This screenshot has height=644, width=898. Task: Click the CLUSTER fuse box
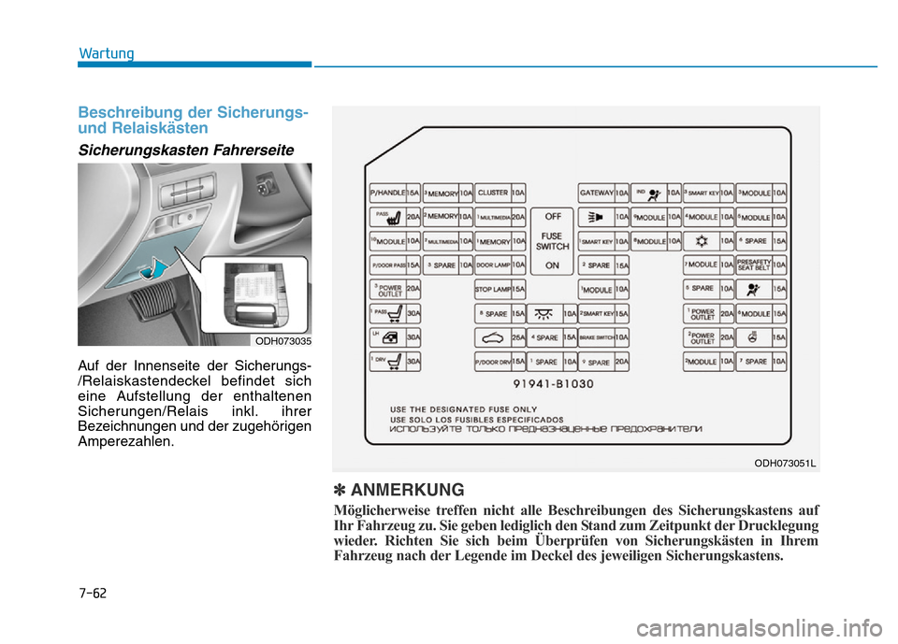[x=500, y=193]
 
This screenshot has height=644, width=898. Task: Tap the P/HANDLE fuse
[x=395, y=193]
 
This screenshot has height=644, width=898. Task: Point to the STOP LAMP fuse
[x=500, y=290]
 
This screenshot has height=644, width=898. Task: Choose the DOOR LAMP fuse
[x=500, y=265]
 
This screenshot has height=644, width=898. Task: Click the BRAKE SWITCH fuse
[x=603, y=336]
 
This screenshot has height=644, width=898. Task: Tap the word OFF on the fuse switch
[x=553, y=215]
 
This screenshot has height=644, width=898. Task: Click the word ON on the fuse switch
[x=553, y=265]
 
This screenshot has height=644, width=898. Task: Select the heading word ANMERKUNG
[x=407, y=490]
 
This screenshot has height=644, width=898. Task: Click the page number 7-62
[x=93, y=593]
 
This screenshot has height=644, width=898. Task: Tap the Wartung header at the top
[x=106, y=53]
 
